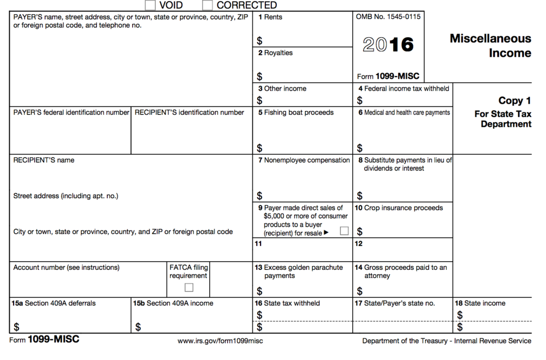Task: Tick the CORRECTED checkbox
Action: click(x=207, y=5)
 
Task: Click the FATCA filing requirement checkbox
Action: click(x=189, y=287)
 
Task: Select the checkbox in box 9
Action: click(x=344, y=231)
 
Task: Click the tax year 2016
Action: click(x=388, y=45)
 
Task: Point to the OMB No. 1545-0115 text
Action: click(x=388, y=17)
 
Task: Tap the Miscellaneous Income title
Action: click(x=490, y=46)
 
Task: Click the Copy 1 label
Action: click(x=514, y=101)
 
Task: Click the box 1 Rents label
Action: click(x=270, y=17)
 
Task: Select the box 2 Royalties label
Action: click(x=275, y=53)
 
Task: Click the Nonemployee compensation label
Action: click(x=304, y=160)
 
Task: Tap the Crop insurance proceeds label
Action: click(x=399, y=208)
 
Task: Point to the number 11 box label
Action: click(x=258, y=244)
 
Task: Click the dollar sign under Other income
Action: click(x=259, y=101)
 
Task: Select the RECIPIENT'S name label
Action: click(x=44, y=160)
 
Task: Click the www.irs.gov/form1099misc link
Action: click(x=220, y=341)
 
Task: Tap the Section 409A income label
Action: click(x=173, y=303)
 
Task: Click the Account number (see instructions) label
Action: click(x=66, y=268)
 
